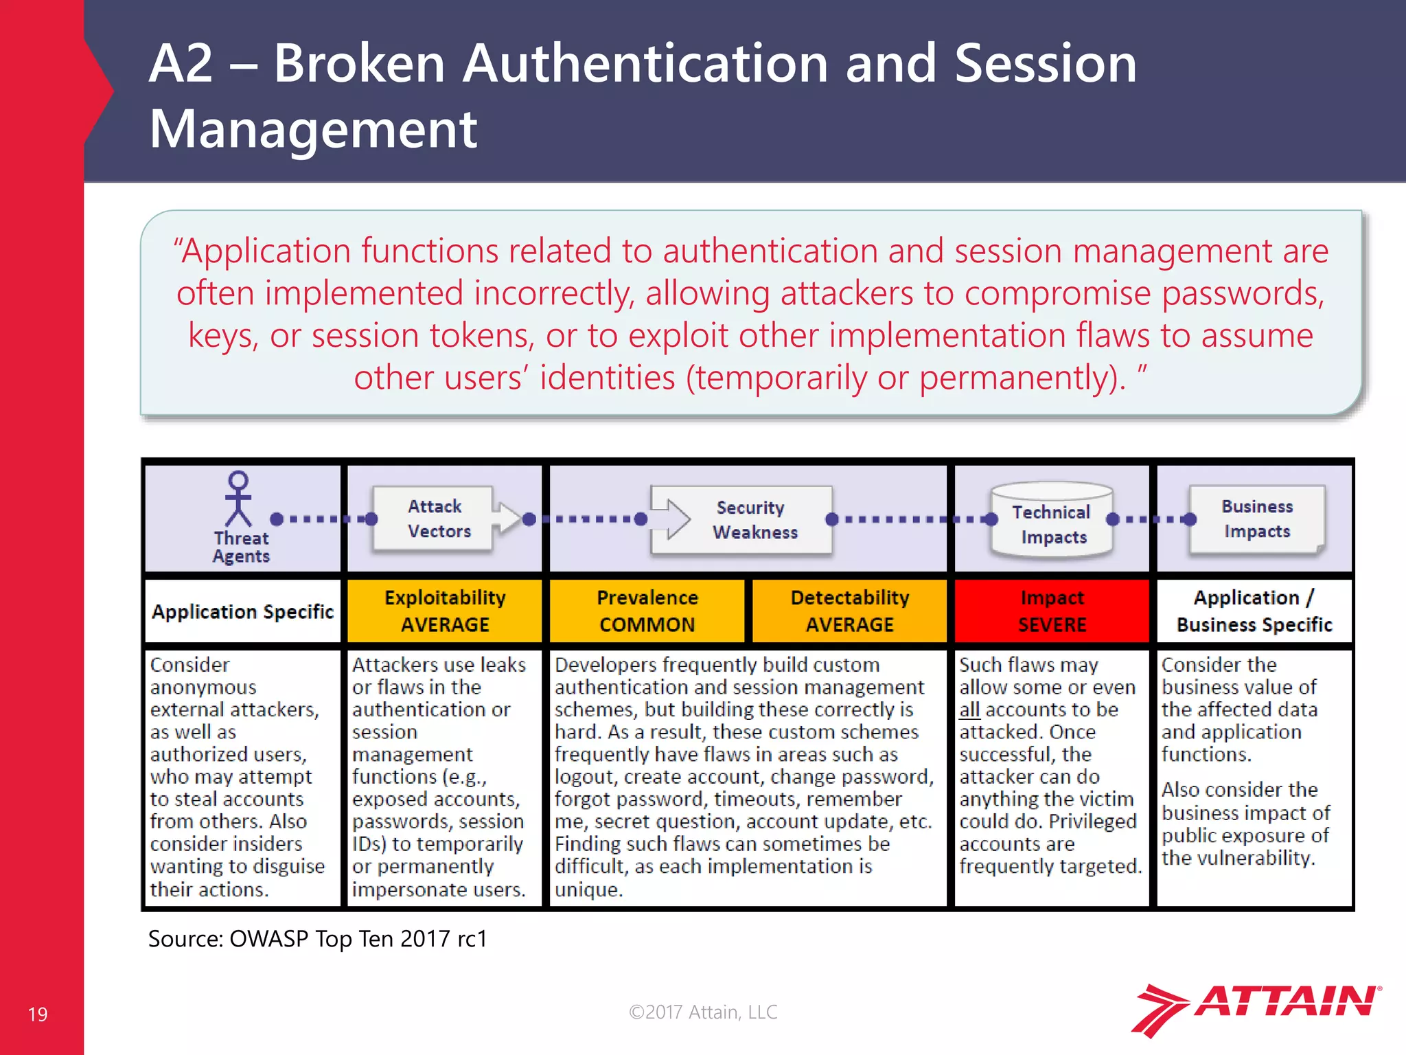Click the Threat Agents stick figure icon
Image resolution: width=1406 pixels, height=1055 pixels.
pos(238,500)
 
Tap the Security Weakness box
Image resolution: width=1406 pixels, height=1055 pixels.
pos(748,520)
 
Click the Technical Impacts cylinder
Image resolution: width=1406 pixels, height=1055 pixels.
pos(1051,520)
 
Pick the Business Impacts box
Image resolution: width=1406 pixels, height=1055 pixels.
pos(1256,519)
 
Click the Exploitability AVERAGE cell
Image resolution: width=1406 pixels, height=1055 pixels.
pos(445,611)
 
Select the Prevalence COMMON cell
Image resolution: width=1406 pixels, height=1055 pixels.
pos(647,611)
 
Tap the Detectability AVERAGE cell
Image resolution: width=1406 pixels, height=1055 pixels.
pos(849,611)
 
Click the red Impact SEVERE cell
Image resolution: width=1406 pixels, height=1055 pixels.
pos(1052,611)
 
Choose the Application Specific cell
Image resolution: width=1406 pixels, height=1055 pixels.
pos(242,611)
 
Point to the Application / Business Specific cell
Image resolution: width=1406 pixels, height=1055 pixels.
pos(1254,611)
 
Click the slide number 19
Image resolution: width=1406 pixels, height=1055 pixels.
pos(38,1014)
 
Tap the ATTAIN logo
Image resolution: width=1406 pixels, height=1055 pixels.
pos(1256,1008)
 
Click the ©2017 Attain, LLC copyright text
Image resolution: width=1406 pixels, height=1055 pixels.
pos(703,1012)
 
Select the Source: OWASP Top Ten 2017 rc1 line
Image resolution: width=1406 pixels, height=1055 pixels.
pos(318,939)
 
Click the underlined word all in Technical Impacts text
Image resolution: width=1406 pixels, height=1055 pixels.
pos(969,710)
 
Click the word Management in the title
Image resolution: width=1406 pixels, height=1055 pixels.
pos(313,129)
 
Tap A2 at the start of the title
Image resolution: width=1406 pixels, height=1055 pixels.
pos(181,64)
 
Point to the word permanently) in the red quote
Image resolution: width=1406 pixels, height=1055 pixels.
pos(1022,378)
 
